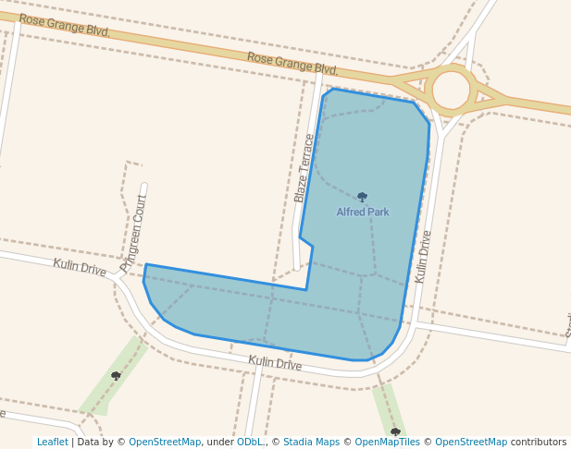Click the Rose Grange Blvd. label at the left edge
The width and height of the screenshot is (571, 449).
64,25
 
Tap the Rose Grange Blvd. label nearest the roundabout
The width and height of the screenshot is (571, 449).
292,64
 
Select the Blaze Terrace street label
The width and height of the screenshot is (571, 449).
304,168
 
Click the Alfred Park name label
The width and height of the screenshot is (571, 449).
363,212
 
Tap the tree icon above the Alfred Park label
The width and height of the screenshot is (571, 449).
362,197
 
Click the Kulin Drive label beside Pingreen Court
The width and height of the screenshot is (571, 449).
80,267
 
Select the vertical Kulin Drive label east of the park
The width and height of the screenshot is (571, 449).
423,257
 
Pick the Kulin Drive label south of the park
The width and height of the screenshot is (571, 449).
275,363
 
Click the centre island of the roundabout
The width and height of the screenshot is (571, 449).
452,90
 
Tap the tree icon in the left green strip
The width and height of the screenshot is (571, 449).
116,375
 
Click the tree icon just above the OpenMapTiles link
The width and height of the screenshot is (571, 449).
395,431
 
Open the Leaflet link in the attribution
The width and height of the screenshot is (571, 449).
52,442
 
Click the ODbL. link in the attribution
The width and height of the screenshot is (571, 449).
250,442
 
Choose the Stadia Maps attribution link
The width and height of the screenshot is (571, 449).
311,442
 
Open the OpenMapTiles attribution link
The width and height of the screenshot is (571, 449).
387,442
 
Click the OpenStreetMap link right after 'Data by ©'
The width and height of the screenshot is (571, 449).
165,442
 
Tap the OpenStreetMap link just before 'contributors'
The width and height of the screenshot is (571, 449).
471,442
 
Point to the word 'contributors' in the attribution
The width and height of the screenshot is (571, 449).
539,442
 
